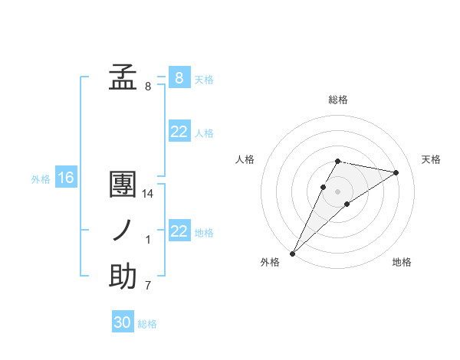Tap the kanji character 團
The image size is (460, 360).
[x=123, y=186]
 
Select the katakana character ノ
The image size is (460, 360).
[x=123, y=231]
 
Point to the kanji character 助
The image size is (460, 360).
[x=123, y=277]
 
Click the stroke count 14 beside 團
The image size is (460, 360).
[x=148, y=195]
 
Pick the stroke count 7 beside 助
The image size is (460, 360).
[x=148, y=286]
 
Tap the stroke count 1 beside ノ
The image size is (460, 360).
[x=148, y=241]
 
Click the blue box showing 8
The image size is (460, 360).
[x=179, y=77]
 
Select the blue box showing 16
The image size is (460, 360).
[x=66, y=178]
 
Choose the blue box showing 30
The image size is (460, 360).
[x=123, y=322]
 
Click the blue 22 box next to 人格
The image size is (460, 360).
[x=179, y=132]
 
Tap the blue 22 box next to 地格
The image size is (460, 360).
[x=179, y=231]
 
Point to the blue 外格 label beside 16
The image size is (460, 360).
[x=41, y=179]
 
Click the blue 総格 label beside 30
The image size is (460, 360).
[x=147, y=324]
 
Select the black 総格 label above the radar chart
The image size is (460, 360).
[x=337, y=100]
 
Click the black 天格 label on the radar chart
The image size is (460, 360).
[x=431, y=159]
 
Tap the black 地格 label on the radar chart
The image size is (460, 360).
[x=402, y=262]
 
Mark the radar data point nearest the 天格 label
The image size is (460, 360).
[x=396, y=172]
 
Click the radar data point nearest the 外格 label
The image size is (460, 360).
[x=292, y=253]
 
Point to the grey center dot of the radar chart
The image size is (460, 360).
[x=337, y=191]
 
